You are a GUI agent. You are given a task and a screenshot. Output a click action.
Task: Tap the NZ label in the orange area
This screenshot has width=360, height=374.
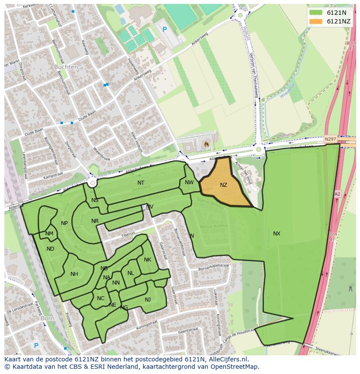(x=223, y=185)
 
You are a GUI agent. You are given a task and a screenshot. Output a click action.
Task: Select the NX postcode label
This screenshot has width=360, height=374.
(x=277, y=234)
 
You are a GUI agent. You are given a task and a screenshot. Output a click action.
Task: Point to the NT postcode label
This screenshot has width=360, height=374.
(x=141, y=183)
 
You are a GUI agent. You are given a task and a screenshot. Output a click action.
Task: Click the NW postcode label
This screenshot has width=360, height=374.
(x=189, y=182)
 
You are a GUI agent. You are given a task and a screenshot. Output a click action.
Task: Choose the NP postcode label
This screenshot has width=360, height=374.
(x=64, y=223)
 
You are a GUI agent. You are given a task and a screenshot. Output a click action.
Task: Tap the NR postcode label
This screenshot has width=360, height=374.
(x=95, y=221)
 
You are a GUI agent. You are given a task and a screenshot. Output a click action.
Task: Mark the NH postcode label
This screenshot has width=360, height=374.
(x=74, y=274)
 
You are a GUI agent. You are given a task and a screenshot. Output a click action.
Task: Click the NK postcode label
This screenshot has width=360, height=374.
(x=147, y=260)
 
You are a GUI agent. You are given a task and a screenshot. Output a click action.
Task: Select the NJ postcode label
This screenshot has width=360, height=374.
(x=148, y=300)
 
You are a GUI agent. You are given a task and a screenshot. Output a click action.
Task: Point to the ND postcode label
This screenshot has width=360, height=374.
(x=50, y=249)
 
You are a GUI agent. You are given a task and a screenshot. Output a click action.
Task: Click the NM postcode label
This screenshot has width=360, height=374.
(x=49, y=234)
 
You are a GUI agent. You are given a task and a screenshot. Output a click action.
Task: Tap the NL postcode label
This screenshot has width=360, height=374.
(x=130, y=273)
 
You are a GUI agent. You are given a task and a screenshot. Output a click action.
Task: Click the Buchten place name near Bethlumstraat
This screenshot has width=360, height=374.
(x=66, y=67)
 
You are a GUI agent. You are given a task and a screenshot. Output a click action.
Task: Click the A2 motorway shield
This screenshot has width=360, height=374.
(x=337, y=194)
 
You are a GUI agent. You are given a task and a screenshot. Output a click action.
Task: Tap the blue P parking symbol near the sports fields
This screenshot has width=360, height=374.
(x=164, y=30)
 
